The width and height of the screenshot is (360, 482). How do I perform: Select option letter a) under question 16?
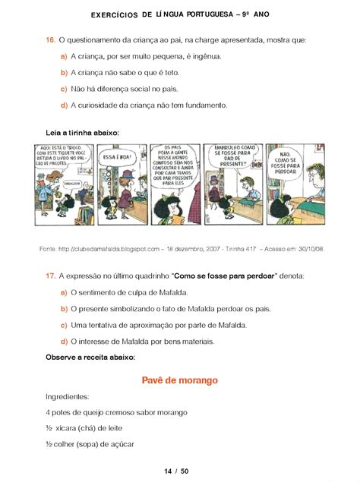63,57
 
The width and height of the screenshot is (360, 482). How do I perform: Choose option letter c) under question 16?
63,89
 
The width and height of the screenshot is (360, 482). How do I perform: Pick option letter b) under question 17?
63,308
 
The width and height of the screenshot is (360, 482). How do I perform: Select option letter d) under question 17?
63,341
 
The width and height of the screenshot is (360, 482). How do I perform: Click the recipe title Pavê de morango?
180,380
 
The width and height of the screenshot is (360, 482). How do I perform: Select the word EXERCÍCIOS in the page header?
114,14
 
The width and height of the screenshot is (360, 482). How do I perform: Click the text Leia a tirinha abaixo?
82,132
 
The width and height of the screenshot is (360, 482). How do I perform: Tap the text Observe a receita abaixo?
90,356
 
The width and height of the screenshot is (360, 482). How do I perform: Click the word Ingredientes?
68,396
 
